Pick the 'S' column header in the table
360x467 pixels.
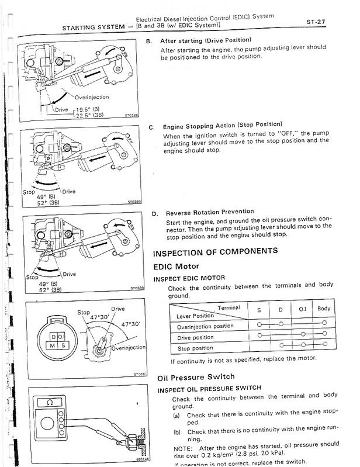click(259, 309)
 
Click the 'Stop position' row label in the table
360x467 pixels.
click(195, 349)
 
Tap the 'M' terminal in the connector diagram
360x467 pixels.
click(53, 347)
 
